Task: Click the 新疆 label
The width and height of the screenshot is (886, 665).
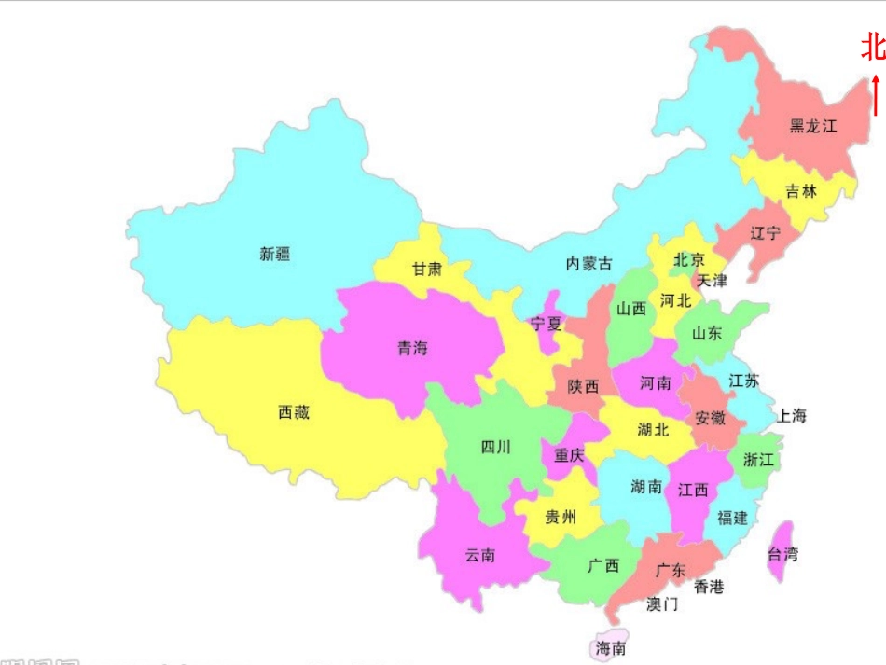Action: (275, 254)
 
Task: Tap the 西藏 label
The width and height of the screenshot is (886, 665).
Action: (294, 412)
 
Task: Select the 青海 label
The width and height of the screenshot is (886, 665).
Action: (412, 349)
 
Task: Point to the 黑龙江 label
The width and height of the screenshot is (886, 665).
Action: (813, 126)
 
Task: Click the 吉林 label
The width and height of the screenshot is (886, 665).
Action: (800, 191)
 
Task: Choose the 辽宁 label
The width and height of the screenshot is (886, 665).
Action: (765, 233)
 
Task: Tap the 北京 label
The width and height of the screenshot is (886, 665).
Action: (689, 260)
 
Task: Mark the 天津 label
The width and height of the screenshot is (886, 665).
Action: (712, 280)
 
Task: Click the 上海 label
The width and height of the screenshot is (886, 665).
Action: (792, 416)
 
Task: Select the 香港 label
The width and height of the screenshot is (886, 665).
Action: (709, 587)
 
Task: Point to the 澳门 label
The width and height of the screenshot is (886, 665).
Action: (662, 604)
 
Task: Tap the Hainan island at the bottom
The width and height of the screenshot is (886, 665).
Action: (611, 645)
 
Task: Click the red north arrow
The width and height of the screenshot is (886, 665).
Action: (876, 95)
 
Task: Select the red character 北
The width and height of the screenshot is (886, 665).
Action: (872, 48)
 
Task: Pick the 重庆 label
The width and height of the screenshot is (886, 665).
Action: (569, 456)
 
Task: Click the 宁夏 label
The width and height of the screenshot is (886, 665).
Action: (547, 325)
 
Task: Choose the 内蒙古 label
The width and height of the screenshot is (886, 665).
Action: (589, 264)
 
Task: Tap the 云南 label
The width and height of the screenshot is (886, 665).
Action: (480, 556)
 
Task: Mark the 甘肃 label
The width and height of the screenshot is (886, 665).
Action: (427, 270)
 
